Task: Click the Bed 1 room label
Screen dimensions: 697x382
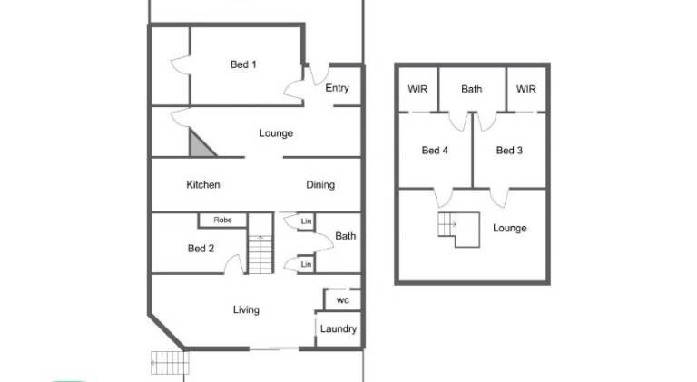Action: tap(243, 64)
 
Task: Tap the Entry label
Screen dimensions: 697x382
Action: tap(337, 88)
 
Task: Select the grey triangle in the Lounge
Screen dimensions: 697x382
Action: tap(201, 144)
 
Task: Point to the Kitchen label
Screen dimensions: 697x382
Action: tap(203, 185)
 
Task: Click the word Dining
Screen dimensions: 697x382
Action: tap(320, 185)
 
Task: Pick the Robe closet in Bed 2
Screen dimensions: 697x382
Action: tap(222, 220)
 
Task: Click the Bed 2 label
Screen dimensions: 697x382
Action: tap(201, 249)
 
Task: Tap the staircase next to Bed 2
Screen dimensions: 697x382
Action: tap(260, 254)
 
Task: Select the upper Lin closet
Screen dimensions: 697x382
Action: tap(306, 221)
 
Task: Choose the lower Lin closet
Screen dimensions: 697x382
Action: tap(306, 264)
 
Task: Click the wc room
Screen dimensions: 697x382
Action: tap(342, 299)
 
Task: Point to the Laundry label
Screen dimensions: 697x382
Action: tap(339, 329)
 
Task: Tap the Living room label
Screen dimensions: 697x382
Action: tap(246, 310)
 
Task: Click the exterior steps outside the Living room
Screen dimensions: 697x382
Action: tap(170, 363)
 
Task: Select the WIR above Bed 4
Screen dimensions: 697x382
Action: tap(417, 89)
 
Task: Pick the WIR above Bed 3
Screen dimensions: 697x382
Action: tap(526, 89)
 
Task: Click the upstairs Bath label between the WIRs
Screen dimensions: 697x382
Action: tap(472, 89)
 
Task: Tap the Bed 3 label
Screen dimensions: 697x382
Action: tap(509, 151)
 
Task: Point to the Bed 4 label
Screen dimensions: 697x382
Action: tap(435, 151)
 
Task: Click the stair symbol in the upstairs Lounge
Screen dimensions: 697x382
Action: tap(458, 230)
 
